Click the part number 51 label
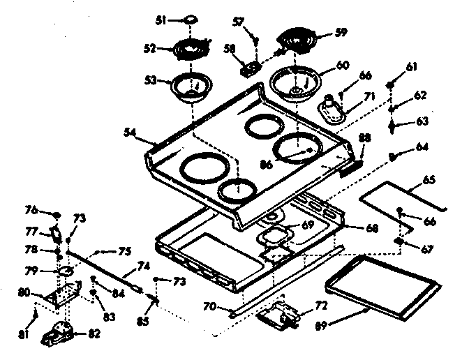160,22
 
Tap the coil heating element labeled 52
191,51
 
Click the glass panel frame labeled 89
382,287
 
